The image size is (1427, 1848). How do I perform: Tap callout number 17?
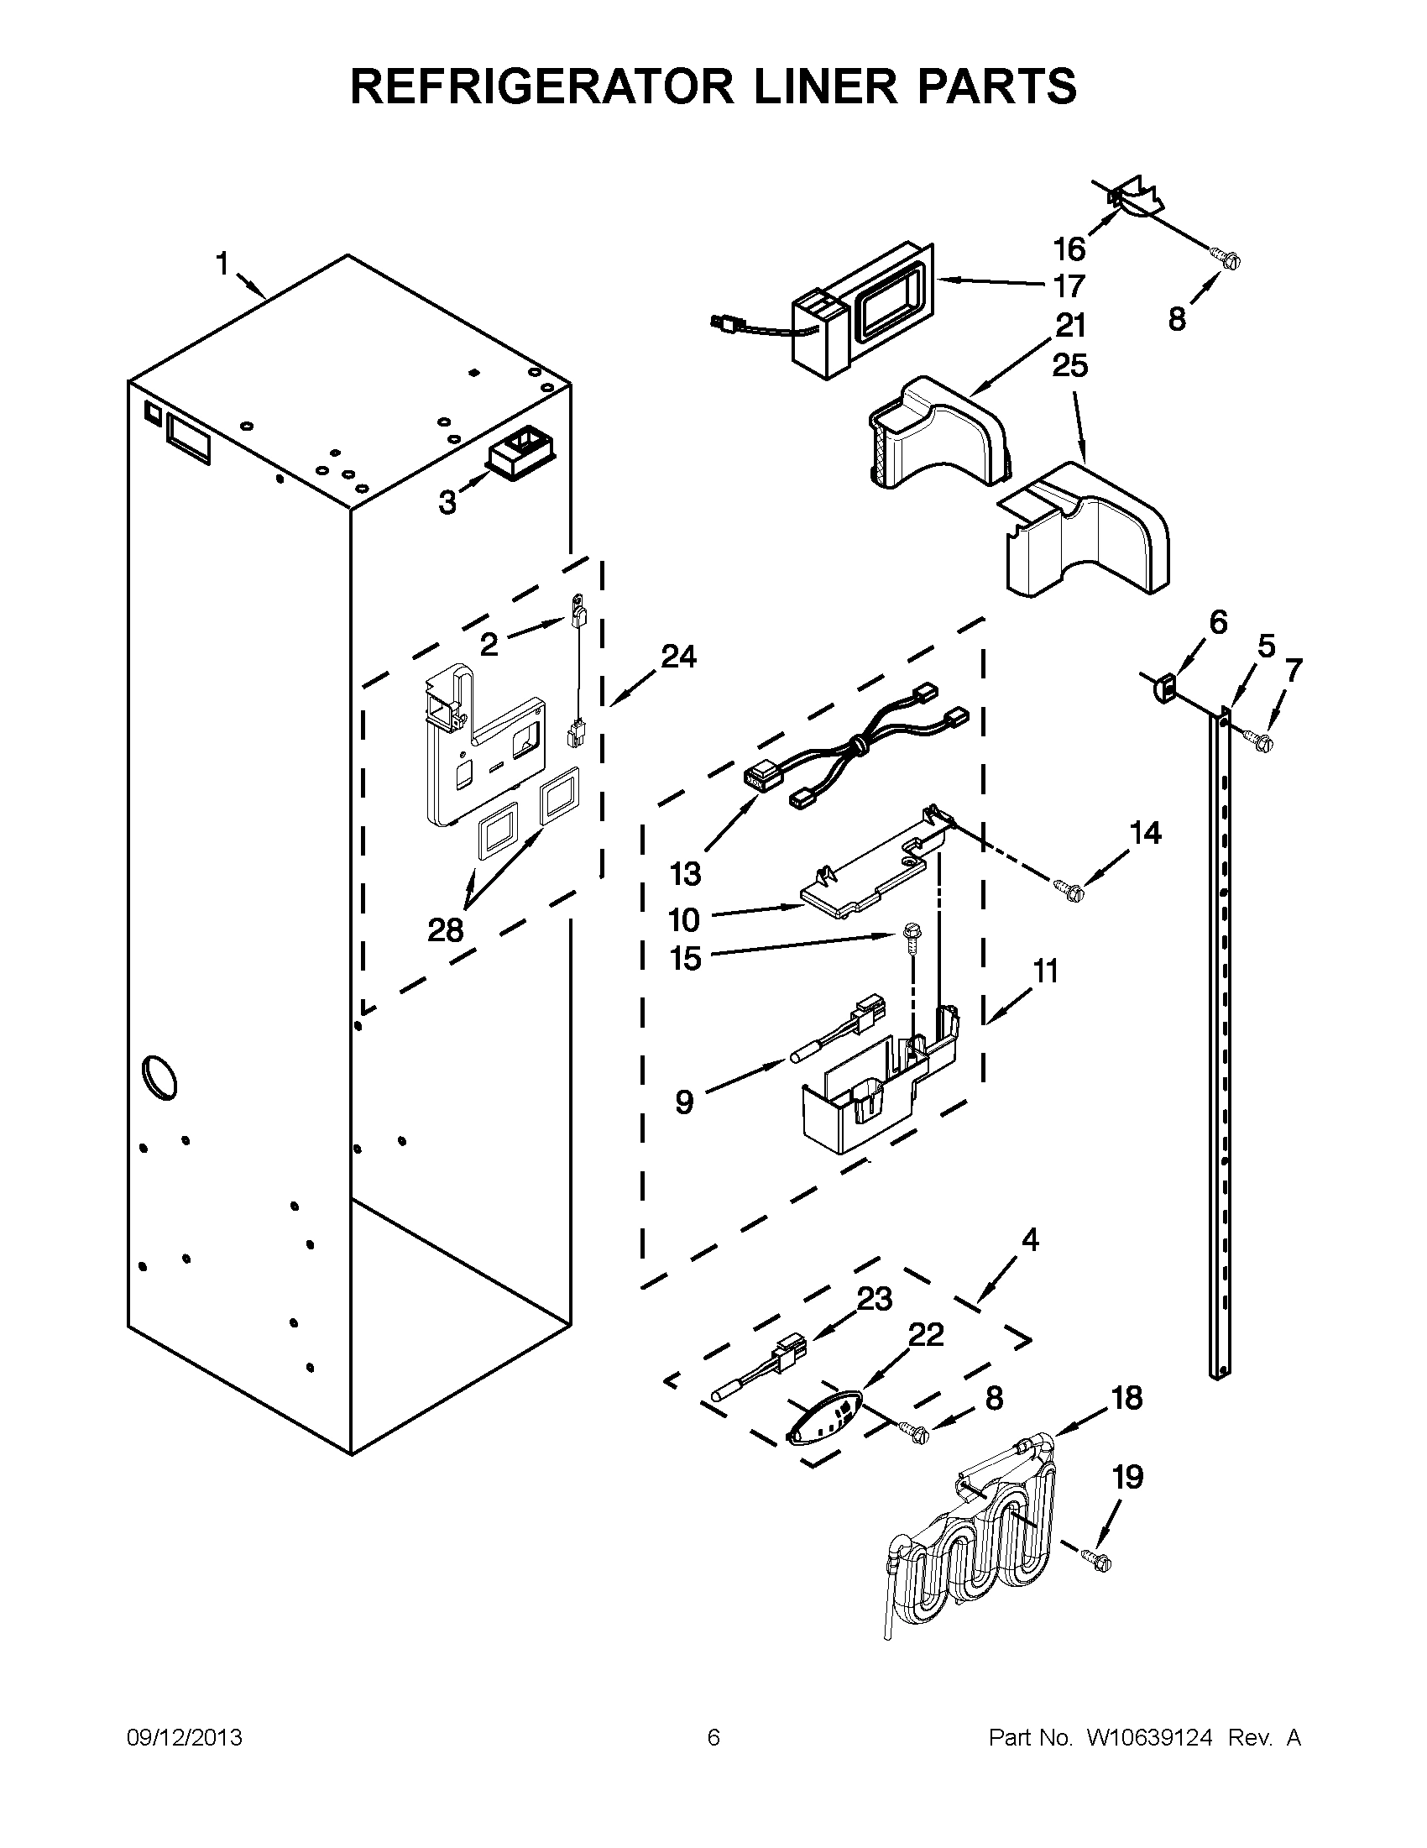[x=1069, y=286]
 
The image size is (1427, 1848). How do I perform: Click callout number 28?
[x=446, y=930]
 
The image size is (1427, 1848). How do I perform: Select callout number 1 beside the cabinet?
[x=222, y=264]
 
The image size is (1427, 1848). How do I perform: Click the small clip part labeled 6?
[x=1164, y=685]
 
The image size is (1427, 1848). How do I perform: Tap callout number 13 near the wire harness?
[x=685, y=873]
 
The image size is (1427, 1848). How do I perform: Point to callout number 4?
[x=1029, y=1240]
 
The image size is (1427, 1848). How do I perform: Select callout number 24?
[x=678, y=656]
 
